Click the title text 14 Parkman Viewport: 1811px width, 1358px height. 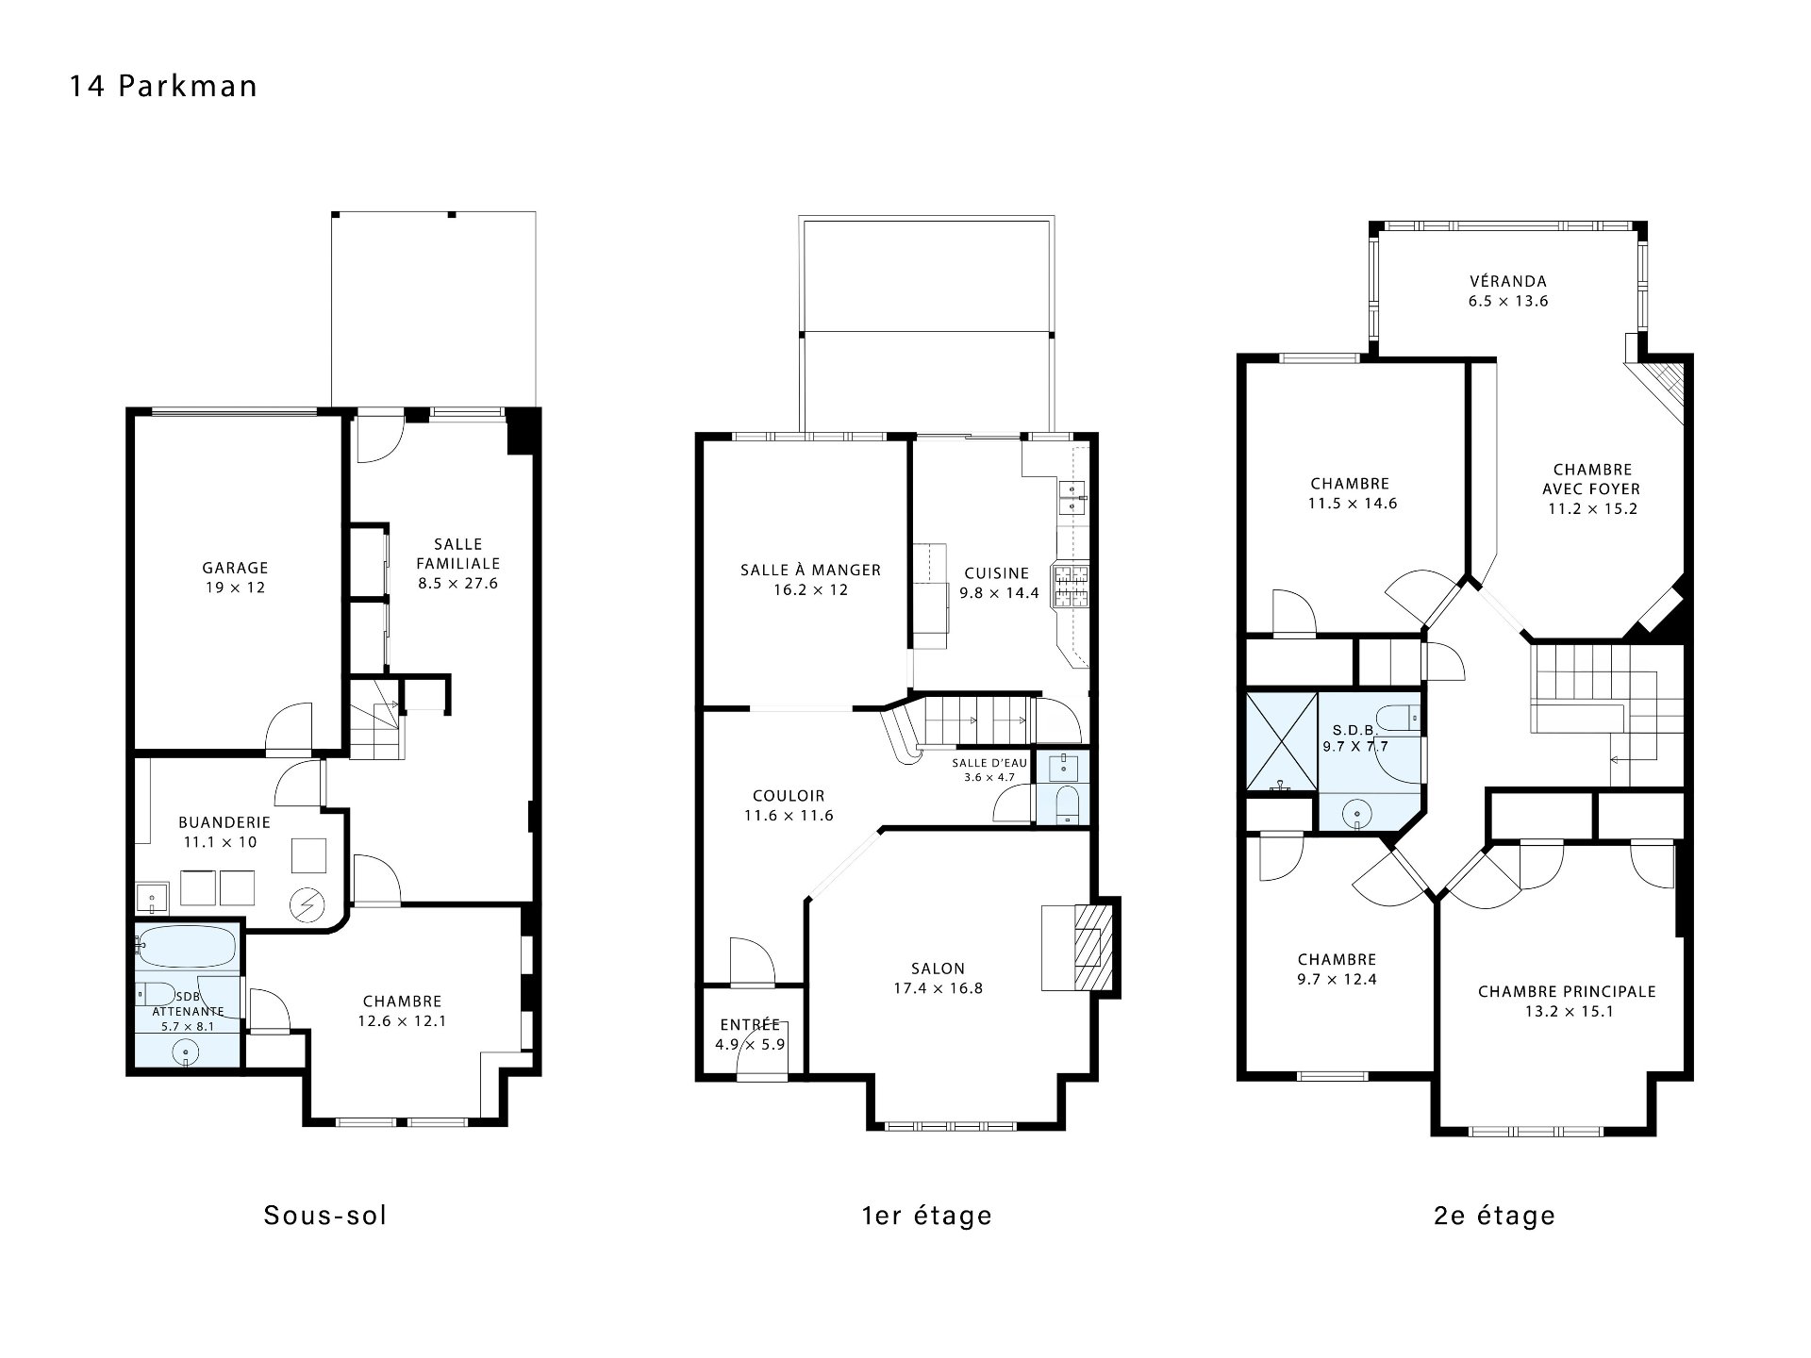[x=163, y=87]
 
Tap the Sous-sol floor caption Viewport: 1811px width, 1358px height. [x=325, y=1215]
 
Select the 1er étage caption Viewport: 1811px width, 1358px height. [x=927, y=1215]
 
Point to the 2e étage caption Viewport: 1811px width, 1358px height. [x=1494, y=1215]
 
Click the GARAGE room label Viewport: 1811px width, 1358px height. [x=235, y=568]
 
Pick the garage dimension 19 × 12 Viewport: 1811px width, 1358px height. [x=235, y=588]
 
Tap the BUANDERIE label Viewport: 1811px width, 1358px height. [x=224, y=822]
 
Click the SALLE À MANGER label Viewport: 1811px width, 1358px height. [x=810, y=570]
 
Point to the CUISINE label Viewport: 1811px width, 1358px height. [x=997, y=573]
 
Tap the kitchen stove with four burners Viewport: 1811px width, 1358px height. [x=1071, y=585]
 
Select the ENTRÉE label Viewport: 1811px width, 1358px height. [x=750, y=1025]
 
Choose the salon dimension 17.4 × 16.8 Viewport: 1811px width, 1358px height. [x=938, y=988]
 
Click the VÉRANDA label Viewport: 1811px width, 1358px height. [x=1508, y=281]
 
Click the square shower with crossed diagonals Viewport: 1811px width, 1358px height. [x=1282, y=741]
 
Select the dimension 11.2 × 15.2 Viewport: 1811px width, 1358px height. [x=1592, y=509]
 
